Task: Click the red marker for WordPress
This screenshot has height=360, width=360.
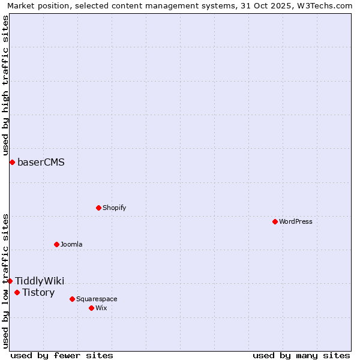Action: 275,221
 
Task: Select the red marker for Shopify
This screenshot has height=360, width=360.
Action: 98,208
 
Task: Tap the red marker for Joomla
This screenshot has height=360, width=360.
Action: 56,244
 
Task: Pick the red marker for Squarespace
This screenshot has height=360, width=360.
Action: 72,299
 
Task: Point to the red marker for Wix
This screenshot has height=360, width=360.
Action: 91,308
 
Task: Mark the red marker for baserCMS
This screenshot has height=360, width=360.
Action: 12,162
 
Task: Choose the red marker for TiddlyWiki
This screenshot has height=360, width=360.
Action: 10,281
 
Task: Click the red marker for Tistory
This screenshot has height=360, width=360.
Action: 17,292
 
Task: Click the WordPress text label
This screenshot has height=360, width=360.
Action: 296,221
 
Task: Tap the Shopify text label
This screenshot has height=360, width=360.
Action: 115,208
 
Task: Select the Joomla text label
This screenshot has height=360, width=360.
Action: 71,244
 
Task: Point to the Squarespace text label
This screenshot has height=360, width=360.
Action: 97,299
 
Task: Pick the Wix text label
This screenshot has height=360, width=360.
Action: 101,308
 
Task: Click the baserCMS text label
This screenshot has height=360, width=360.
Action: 41,162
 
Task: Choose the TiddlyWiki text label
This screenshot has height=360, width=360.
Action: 40,281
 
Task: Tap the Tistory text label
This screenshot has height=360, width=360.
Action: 38,292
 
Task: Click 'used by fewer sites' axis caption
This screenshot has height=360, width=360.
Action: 62,355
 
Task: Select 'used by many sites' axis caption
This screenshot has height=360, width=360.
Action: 301,355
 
